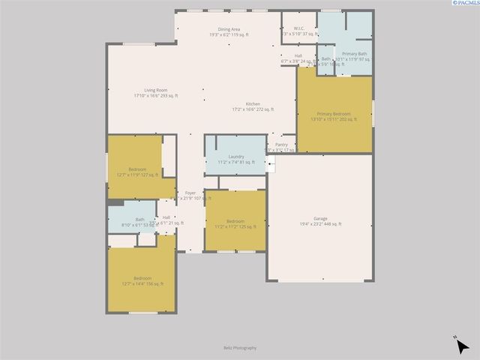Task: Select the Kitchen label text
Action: click(253, 104)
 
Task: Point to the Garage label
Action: click(320, 218)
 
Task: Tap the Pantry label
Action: click(281, 145)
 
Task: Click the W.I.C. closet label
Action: click(298, 28)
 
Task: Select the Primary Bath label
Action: click(355, 54)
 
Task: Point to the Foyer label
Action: click(190, 193)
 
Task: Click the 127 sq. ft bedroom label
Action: click(138, 169)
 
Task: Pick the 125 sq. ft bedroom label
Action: click(235, 220)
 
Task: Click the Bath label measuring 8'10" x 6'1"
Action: click(140, 219)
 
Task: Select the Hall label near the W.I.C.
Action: click(298, 56)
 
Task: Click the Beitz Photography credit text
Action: click(240, 348)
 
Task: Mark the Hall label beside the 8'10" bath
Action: click(166, 217)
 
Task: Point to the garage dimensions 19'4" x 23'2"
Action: click(321, 224)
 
